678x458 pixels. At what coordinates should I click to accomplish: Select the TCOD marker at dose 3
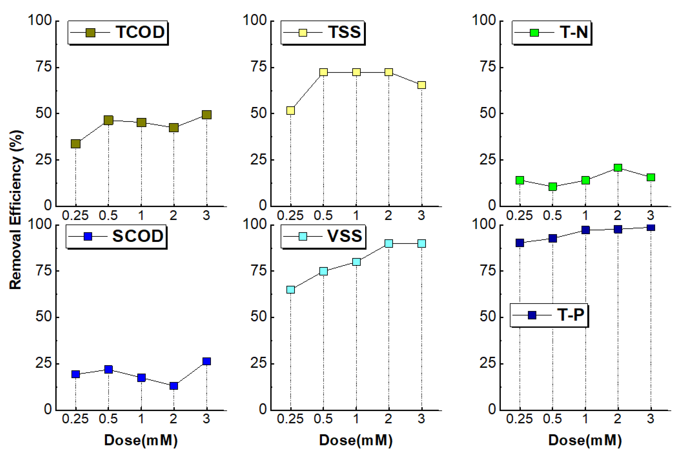point(207,115)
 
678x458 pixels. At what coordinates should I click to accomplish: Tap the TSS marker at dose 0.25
point(290,110)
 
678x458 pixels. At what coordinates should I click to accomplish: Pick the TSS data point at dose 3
point(421,85)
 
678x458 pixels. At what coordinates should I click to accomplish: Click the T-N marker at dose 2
point(618,167)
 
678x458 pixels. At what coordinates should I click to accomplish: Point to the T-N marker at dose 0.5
point(553,186)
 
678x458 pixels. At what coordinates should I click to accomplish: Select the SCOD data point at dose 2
point(174,386)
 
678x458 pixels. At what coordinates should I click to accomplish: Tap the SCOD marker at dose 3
point(207,361)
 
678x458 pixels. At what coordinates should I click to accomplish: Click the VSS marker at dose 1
point(356,262)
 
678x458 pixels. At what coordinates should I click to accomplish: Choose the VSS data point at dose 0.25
point(290,289)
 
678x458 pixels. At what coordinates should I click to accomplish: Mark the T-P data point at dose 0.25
point(520,243)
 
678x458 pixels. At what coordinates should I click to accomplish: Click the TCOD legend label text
point(140,32)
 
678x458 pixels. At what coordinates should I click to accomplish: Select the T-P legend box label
point(571,315)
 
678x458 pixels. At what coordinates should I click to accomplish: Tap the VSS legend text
point(344,236)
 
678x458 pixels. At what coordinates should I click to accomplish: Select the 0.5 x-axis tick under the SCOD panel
point(108,419)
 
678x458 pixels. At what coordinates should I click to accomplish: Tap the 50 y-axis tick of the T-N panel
point(488,113)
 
